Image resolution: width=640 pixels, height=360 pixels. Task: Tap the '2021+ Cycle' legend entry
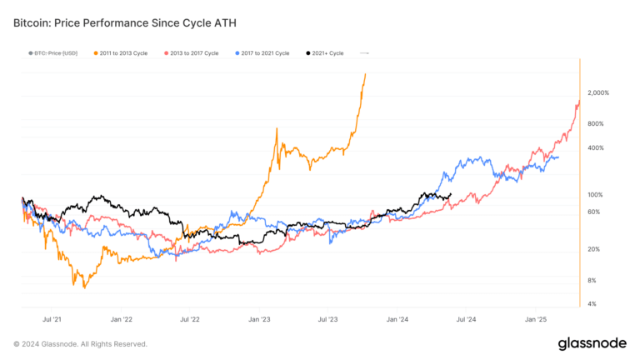(325, 53)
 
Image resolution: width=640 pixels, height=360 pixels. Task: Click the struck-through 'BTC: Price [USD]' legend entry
(54, 53)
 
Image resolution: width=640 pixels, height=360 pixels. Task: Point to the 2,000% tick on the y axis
(599, 92)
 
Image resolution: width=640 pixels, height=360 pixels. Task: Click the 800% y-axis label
(594, 123)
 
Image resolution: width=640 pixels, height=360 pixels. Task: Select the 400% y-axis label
(594, 147)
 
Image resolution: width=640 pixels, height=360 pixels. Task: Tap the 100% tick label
(594, 194)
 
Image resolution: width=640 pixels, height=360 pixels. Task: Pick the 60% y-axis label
(592, 212)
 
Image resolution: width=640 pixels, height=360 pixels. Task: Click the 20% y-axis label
(592, 249)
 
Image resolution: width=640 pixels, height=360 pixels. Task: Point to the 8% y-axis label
(591, 280)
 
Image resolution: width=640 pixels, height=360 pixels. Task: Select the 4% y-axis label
(591, 303)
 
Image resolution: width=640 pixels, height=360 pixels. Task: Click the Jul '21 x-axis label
(52, 318)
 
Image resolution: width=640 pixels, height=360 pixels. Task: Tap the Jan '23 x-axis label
(259, 318)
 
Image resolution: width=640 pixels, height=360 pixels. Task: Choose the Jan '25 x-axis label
(535, 318)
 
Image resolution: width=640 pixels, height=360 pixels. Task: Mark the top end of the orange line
(366, 74)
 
